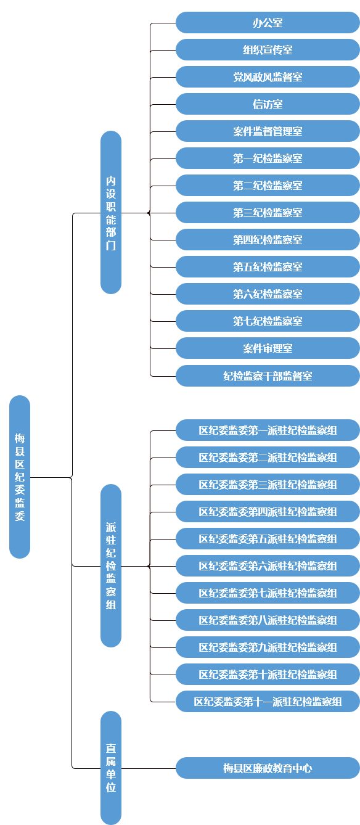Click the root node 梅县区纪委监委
coord(20,477)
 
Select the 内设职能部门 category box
coord(111,212)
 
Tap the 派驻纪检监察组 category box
coord(111,565)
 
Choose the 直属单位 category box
coord(111,768)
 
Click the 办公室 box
coord(268,23)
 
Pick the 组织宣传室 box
coord(268,50)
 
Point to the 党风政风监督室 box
coord(268,77)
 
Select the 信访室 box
coord(268,104)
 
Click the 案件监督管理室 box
coord(268,131)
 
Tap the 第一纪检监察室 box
coord(268,158)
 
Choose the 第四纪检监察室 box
coord(268,240)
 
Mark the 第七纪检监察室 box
coord(268,321)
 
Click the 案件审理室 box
coord(268,348)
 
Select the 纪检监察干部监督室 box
coord(268,376)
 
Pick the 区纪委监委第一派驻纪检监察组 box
coord(268,430)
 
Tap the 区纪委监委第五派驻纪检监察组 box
coord(268,539)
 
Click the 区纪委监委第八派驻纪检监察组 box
coord(268,620)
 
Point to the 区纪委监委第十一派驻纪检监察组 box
coord(268,702)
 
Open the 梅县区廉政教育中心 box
coord(268,768)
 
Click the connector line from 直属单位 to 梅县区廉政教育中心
coord(148,768)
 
